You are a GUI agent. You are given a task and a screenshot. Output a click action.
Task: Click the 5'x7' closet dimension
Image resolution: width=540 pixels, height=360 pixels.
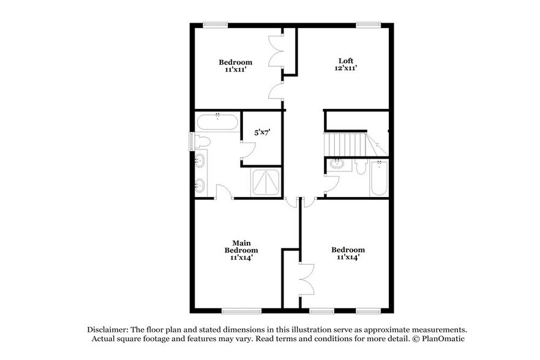[263, 132]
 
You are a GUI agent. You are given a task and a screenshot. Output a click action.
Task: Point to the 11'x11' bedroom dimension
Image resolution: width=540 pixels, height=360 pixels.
[235, 70]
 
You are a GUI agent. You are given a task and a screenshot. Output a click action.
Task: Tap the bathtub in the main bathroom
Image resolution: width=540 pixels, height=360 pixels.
[217, 121]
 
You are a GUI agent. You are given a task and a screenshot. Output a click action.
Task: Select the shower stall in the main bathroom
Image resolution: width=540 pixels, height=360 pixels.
[266, 182]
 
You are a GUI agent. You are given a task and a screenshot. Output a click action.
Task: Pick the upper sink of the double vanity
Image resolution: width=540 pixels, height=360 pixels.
[200, 162]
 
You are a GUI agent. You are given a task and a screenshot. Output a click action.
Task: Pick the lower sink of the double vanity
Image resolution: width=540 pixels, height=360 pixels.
[200, 184]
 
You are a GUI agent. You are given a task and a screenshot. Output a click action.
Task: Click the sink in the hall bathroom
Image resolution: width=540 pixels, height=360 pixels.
[337, 164]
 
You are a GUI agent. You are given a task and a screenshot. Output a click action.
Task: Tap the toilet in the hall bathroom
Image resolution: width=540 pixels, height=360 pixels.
[360, 167]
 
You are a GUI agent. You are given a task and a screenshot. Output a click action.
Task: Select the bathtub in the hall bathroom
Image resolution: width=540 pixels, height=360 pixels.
[379, 178]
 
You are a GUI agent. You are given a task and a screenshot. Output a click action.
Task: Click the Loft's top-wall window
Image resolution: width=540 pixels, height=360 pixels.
[369, 24]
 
